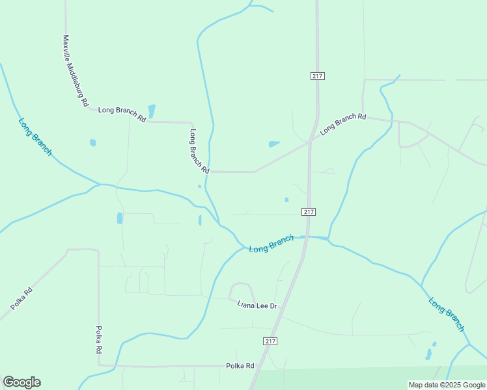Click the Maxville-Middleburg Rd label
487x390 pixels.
(75, 71)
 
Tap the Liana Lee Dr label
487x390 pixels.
(257, 305)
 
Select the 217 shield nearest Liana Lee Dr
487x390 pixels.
(271, 341)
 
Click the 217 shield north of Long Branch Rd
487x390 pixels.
(318, 76)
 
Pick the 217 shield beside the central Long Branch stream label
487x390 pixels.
(309, 212)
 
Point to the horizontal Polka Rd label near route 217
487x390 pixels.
(240, 366)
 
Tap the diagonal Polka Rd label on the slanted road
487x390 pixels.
(21, 298)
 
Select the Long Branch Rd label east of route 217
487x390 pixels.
(343, 122)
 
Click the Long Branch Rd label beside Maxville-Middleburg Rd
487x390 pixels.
(122, 112)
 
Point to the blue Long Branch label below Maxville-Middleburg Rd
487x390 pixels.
(35, 136)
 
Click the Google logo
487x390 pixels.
(21, 382)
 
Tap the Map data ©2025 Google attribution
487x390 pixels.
(447, 385)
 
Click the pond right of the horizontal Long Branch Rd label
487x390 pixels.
(152, 110)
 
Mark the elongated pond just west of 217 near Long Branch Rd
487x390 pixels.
(274, 144)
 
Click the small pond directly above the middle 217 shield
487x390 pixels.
(286, 200)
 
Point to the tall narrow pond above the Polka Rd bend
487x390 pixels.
(119, 218)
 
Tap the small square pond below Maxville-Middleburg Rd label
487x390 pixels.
(93, 142)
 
